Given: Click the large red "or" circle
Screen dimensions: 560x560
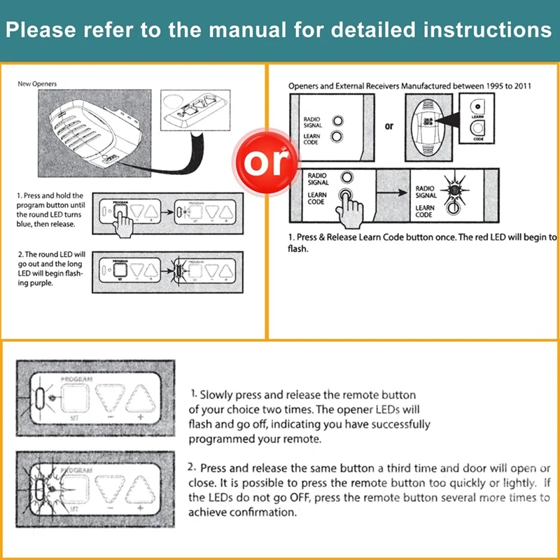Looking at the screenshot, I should point(268,162).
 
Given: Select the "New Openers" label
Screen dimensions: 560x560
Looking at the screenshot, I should point(37,84).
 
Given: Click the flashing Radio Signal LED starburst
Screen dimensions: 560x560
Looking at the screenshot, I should point(453,188).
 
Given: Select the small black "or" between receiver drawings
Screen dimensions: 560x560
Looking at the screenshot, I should point(389,127).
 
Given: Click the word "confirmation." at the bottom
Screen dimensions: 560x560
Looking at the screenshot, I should point(263,512).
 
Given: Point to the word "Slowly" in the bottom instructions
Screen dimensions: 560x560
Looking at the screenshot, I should point(220,395).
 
